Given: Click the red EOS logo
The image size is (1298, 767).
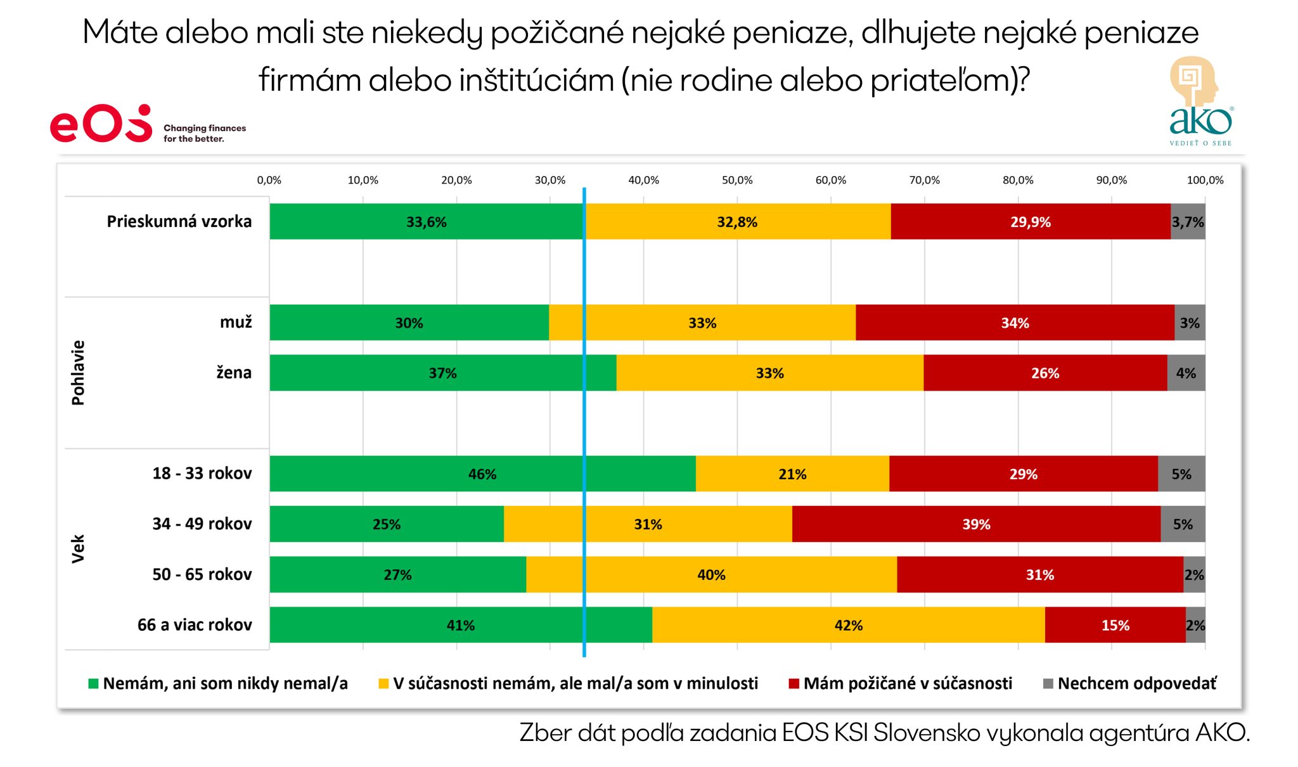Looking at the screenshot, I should [101, 124].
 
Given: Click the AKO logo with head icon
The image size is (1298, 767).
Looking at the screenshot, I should [1199, 101].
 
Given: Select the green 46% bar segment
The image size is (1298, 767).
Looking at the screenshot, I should [482, 474].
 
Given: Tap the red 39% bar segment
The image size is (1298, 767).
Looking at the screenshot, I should [976, 524].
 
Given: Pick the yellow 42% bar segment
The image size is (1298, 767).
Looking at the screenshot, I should [848, 625].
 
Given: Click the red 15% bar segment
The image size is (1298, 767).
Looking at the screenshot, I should [1115, 625].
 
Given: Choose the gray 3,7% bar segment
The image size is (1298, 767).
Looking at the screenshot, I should [1188, 222].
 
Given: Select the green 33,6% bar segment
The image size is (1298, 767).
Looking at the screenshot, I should [426, 222].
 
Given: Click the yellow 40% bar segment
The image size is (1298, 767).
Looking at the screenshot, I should [711, 575].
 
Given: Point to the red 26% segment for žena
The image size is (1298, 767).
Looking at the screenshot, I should [1045, 373].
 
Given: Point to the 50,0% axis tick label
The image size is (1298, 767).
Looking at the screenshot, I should [737, 180].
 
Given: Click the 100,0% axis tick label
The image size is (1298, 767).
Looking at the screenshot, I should [1205, 180].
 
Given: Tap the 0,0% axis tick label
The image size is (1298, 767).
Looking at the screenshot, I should [269, 180].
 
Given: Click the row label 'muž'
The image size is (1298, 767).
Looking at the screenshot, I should [236, 322].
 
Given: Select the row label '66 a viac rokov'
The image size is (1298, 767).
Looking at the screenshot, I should [195, 625].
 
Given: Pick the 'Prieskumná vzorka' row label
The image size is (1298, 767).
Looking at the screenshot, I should [179, 221].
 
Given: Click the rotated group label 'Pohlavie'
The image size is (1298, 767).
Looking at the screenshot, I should [78, 373].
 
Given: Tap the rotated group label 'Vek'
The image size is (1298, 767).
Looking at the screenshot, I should [78, 549].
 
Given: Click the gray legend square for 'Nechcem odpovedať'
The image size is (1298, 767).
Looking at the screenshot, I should [1048, 683].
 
